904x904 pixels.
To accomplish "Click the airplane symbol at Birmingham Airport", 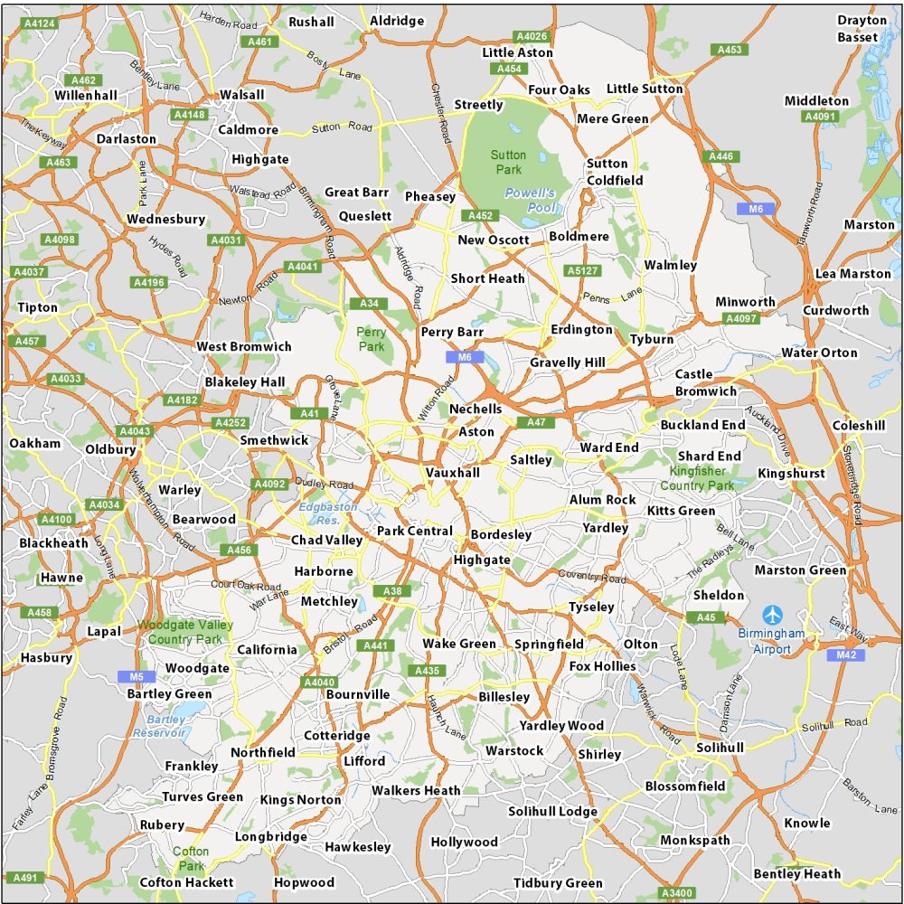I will tap(774, 614).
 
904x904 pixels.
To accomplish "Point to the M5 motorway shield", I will tap(130, 675).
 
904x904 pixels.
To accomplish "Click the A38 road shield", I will tap(392, 591).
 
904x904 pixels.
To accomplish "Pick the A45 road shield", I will tap(706, 617).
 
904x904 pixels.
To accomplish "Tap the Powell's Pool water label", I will tap(530, 200).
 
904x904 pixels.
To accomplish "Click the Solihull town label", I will tap(720, 748).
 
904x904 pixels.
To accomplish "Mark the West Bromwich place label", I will tap(244, 346).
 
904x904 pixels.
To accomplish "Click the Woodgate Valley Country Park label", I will tap(185, 632).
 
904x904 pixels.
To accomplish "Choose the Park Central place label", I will tap(414, 531).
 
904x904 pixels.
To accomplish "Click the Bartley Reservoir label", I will tap(158, 726).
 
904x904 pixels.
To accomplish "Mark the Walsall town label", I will tap(241, 94).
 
